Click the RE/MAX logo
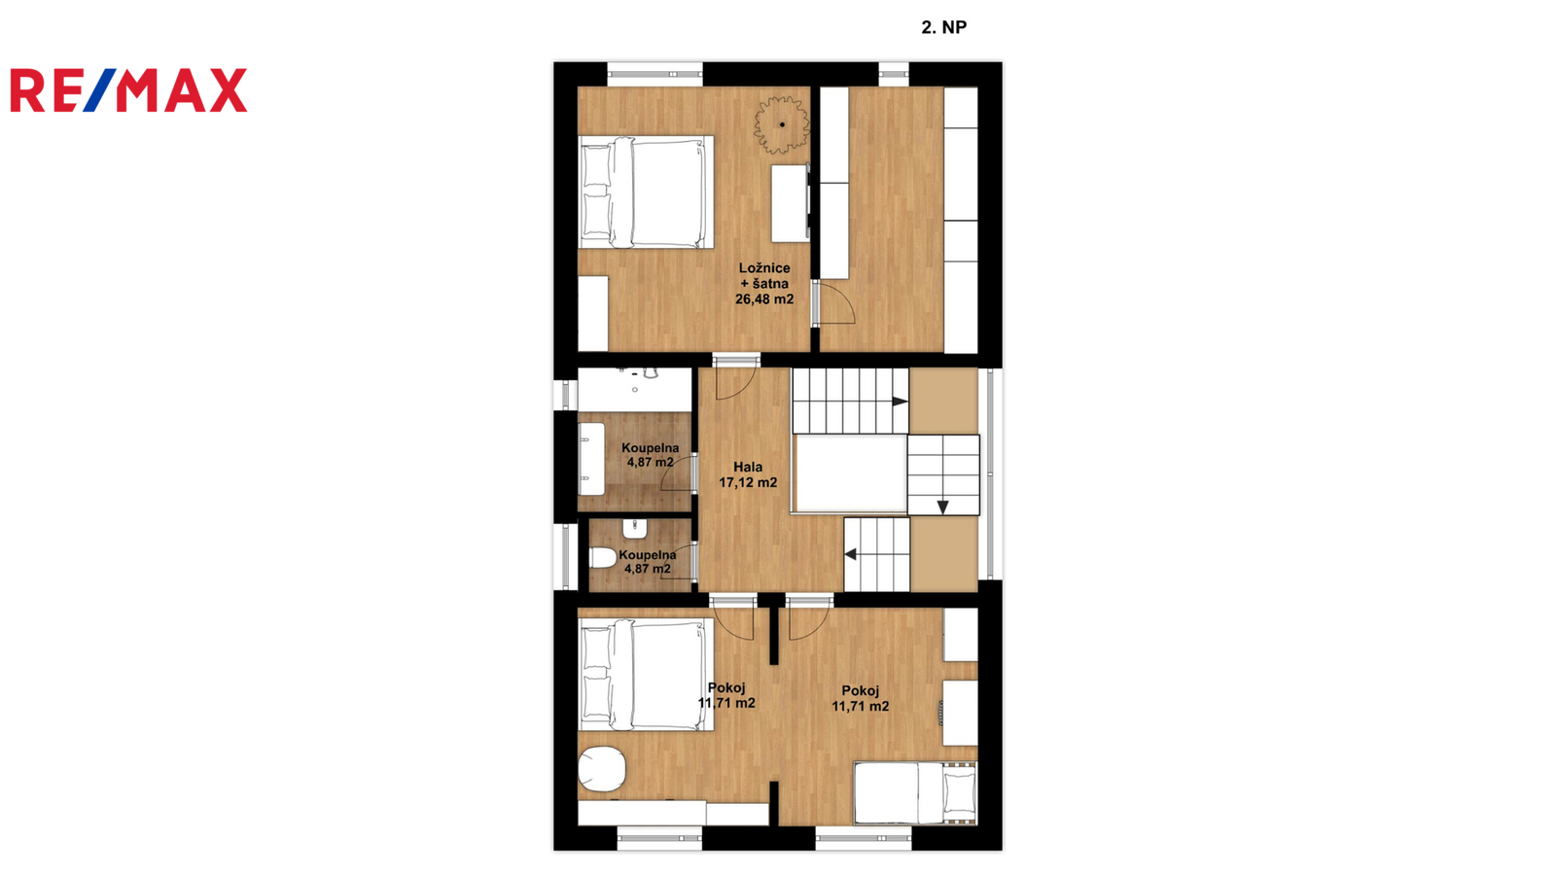pyautogui.click(x=128, y=90)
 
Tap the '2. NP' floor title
pyautogui.click(x=944, y=27)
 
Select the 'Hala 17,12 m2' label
pyautogui.click(x=748, y=475)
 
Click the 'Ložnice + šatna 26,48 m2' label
pyautogui.click(x=764, y=283)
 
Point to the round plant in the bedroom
pyautogui.click(x=782, y=125)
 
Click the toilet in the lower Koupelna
pyautogui.click(x=603, y=557)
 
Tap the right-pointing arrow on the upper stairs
pyautogui.click(x=900, y=402)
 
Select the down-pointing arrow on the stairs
pyautogui.click(x=942, y=507)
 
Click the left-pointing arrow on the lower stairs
pyautogui.click(x=850, y=554)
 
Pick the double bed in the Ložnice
pyautogui.click(x=646, y=192)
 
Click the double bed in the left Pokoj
pyautogui.click(x=646, y=675)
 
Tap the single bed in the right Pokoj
pyautogui.click(x=915, y=793)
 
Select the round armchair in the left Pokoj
pyautogui.click(x=602, y=769)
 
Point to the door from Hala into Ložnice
pyautogui.click(x=735, y=378)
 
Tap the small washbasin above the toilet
pyautogui.click(x=635, y=529)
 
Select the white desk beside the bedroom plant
pyautogui.click(x=791, y=203)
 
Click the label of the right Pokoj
pyautogui.click(x=861, y=699)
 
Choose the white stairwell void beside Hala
pyautogui.click(x=851, y=472)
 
